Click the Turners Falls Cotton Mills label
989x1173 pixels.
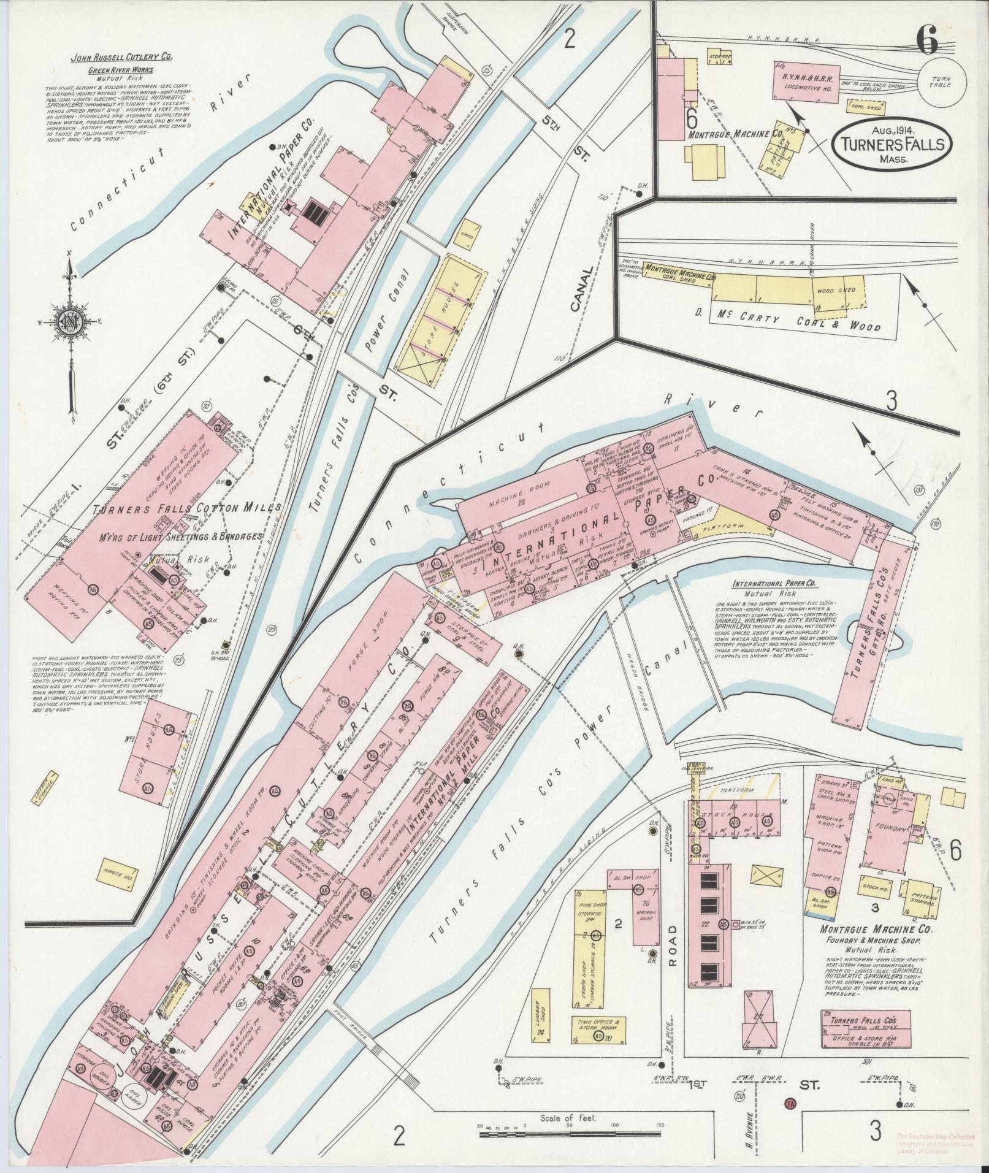click(x=187, y=508)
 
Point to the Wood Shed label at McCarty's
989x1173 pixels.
click(x=834, y=291)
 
